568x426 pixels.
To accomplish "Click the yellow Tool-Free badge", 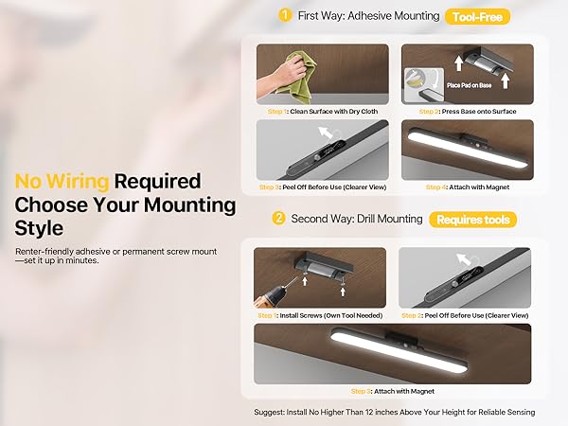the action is pos(477,17).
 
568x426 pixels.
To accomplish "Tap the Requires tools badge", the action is pos(472,220).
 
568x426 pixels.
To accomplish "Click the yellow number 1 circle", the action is pos(285,15).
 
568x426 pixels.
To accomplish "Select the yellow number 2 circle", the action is pos(278,218).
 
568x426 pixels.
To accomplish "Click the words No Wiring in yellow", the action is pos(62,181).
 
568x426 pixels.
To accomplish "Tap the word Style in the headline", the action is pos(39,228).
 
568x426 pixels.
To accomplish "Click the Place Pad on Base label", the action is pos(470,85).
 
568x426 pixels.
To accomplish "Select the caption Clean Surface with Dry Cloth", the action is pos(333,112).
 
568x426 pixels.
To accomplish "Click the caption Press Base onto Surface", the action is pos(479,112).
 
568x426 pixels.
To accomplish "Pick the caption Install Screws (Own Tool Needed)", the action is pos(331,315).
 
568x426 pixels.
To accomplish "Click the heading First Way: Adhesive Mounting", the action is pos(369,16).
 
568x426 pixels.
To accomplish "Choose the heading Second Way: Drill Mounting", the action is pos(357,219).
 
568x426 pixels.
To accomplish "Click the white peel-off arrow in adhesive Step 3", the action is pos(326,133).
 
